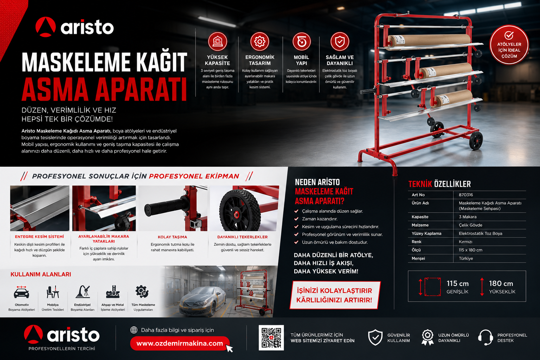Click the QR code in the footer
click(271, 337)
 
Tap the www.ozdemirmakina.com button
click(180, 343)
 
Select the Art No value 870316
click(466, 195)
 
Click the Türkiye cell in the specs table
click(466, 258)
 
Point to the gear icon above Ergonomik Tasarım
click(260, 41)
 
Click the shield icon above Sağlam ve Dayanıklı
click(340, 41)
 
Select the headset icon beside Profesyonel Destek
click(486, 337)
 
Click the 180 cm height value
click(501, 283)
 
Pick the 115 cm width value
click(457, 283)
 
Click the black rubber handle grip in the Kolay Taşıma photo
click(164, 207)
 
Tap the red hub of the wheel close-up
click(237, 214)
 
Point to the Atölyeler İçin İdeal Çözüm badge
click(509, 45)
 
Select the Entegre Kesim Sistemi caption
click(39, 237)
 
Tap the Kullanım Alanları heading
click(41, 275)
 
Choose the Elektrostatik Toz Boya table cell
click(481, 233)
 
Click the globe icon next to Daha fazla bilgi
click(134, 330)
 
